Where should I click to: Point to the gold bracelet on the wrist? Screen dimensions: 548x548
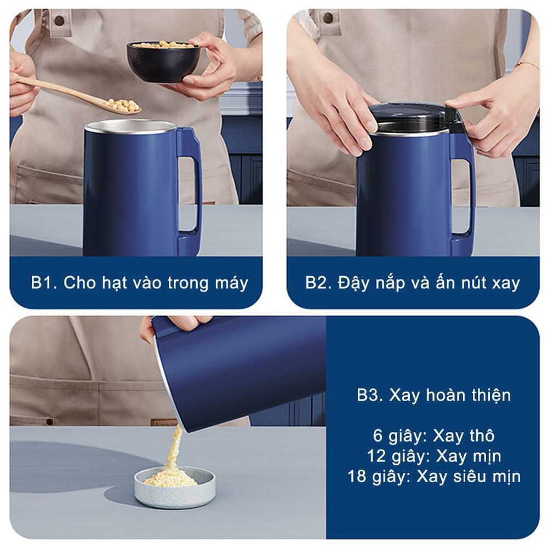coord(528,65)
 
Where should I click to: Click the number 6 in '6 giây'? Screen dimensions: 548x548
coord(378,436)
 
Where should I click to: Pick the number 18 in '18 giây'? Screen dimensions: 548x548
coord(357,476)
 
